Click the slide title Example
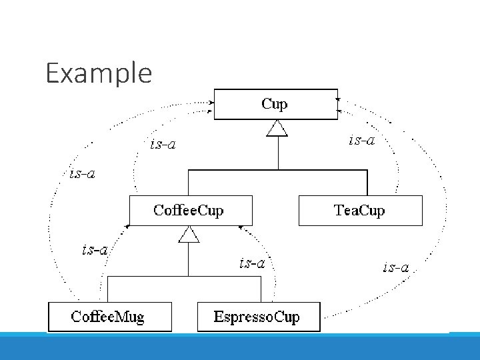tap(99, 73)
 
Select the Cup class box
tap(275, 104)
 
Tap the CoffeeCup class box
tap(190, 211)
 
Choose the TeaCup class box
tap(360, 211)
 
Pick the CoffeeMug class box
tap(109, 317)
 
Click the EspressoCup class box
tap(258, 317)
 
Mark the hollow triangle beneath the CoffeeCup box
tap(189, 235)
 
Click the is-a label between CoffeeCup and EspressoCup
tap(252, 263)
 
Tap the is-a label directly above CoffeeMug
tap(95, 250)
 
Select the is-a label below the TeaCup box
tap(395, 268)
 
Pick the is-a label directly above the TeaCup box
tap(362, 140)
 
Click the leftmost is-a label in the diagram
tap(82, 175)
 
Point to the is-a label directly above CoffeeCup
tap(163, 144)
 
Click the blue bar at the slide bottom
tap(240, 347)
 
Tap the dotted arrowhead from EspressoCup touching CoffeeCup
tap(241, 228)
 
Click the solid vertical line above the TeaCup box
tap(367, 183)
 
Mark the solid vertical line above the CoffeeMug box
tap(108, 289)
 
